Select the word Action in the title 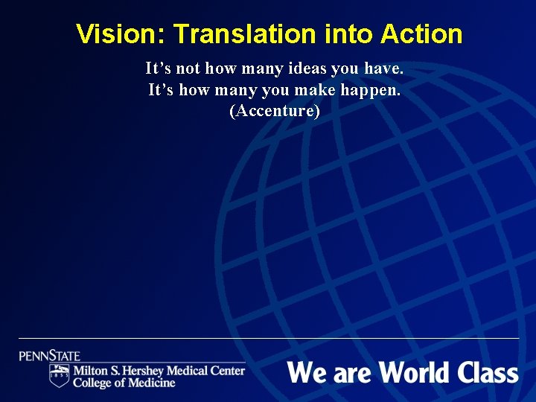(421, 34)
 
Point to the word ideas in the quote (304, 69)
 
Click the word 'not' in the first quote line (188, 69)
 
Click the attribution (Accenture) (275, 112)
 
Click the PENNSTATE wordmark (50, 356)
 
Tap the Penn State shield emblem (60, 376)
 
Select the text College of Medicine (124, 383)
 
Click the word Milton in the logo (90, 371)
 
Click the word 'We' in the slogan (307, 371)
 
